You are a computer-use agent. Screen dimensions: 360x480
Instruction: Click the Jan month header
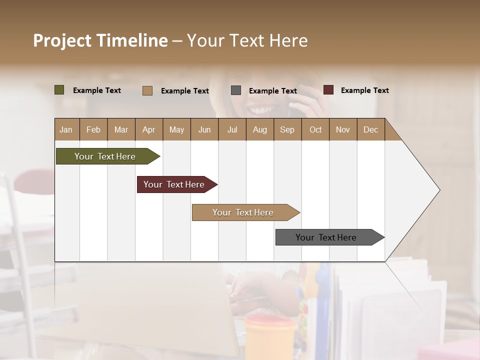tap(66, 129)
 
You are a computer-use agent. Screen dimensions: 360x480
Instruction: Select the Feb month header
tap(93, 129)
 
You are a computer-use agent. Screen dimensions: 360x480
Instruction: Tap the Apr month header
tap(149, 129)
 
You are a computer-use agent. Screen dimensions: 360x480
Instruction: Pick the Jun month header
tap(204, 129)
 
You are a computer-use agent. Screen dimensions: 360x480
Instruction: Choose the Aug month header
tap(260, 129)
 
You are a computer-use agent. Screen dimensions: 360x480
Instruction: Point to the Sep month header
tap(287, 129)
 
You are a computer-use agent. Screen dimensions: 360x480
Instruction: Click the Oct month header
tap(315, 129)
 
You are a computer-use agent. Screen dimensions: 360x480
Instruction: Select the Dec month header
tap(371, 129)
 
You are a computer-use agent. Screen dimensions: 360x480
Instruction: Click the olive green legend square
tap(59, 90)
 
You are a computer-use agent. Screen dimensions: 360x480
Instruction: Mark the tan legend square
tap(147, 90)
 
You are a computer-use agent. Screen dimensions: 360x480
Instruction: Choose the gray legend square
tap(236, 90)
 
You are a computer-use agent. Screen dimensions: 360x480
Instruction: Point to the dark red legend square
tap(328, 90)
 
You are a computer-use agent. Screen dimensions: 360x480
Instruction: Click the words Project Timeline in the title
tap(100, 40)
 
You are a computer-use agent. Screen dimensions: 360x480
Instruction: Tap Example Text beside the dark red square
tap(364, 90)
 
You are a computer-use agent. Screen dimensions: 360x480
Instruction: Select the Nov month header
tap(343, 129)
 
